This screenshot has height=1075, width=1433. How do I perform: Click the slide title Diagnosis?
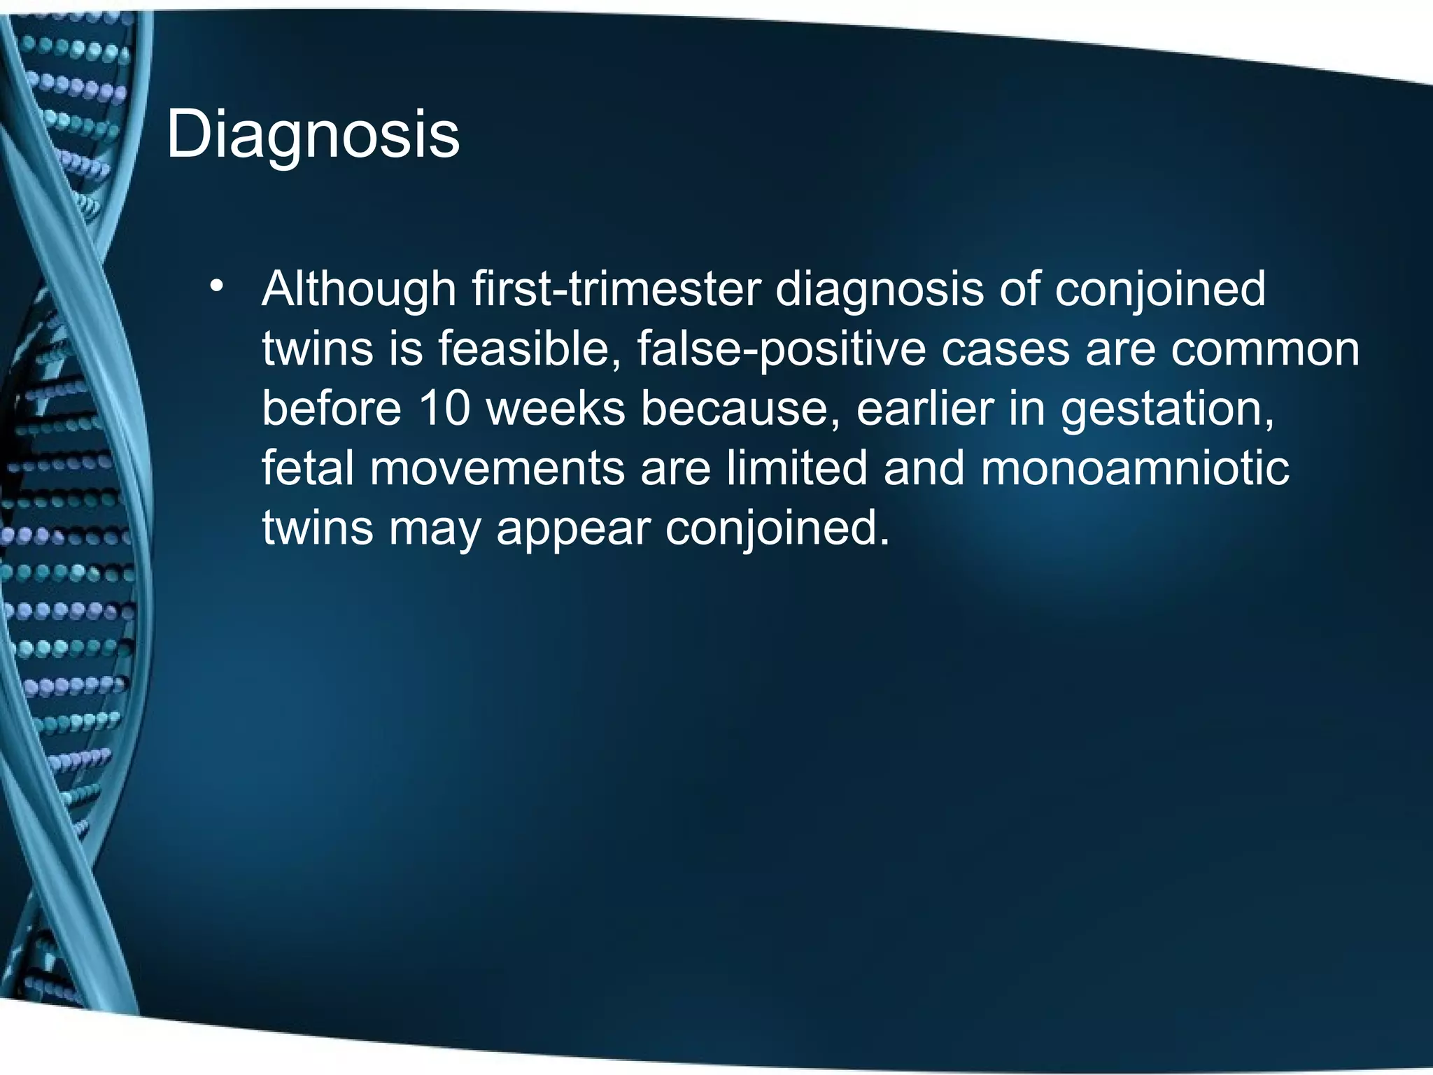pyautogui.click(x=313, y=134)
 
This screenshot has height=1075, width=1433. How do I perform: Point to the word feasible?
pyautogui.click(x=529, y=349)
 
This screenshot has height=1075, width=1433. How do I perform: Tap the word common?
pyautogui.click(x=1265, y=349)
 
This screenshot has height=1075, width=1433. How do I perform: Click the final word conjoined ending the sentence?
pyautogui.click(x=777, y=528)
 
